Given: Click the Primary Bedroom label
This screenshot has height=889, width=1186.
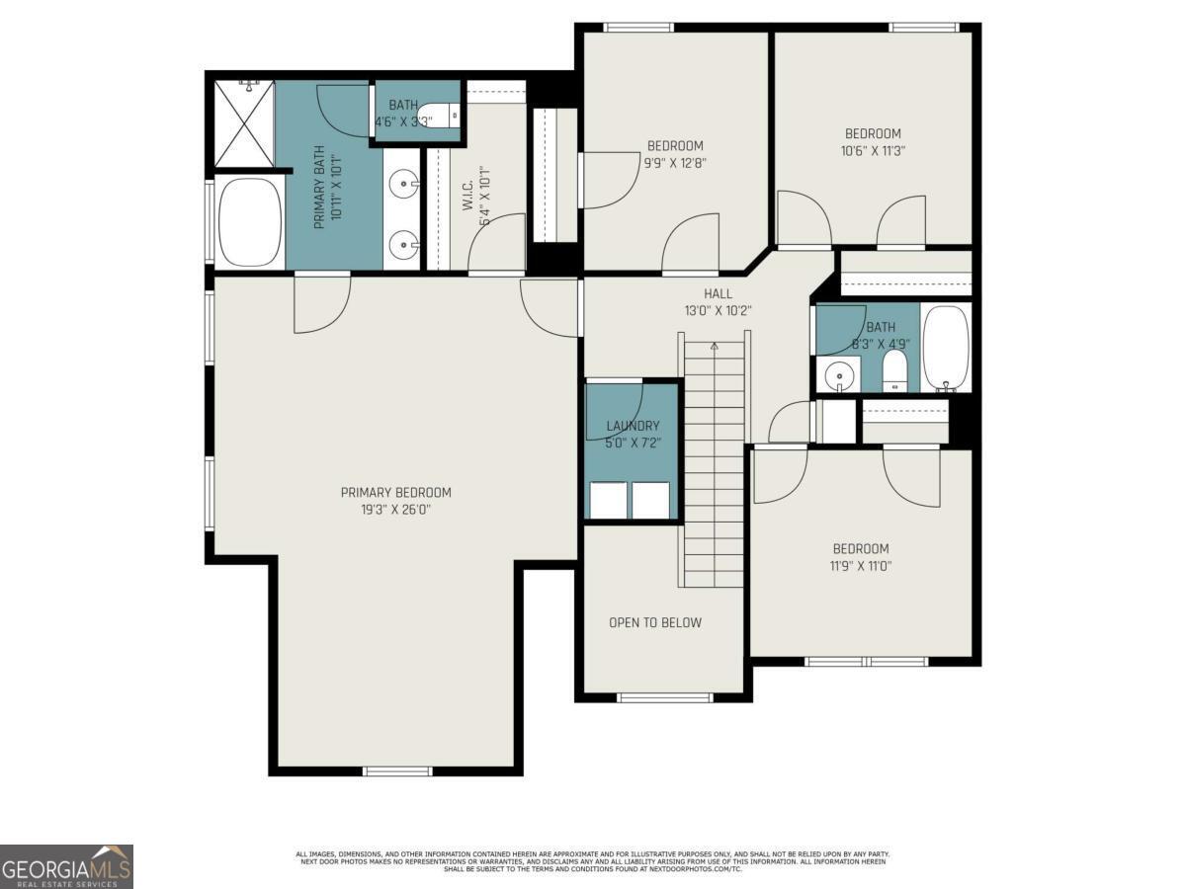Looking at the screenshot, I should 395,493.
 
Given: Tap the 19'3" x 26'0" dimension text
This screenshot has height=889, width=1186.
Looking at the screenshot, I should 395,511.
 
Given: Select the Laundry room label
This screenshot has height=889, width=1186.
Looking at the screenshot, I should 633,426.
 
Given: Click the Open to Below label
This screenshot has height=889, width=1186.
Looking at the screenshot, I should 655,622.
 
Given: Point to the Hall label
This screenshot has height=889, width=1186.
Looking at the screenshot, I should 718,293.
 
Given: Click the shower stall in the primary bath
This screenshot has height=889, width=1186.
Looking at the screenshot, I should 244,124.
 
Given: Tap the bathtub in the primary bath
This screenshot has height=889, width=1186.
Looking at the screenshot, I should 250,222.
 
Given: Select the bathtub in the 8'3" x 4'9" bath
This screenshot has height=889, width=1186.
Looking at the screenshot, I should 946,349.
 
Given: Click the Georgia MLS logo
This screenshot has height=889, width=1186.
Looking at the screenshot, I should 66,866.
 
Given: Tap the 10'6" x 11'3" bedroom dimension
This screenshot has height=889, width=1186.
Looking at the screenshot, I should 873,151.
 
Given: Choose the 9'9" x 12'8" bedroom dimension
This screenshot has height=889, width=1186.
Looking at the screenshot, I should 675,163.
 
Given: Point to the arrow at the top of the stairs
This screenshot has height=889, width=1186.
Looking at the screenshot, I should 714,346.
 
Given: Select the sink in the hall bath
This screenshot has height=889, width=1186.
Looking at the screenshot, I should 839,375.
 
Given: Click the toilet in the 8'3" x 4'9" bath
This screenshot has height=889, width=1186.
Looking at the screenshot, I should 894,372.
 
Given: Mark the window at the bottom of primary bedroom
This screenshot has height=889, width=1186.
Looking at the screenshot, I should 397,770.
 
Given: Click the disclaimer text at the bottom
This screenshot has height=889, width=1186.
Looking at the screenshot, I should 593,860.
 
